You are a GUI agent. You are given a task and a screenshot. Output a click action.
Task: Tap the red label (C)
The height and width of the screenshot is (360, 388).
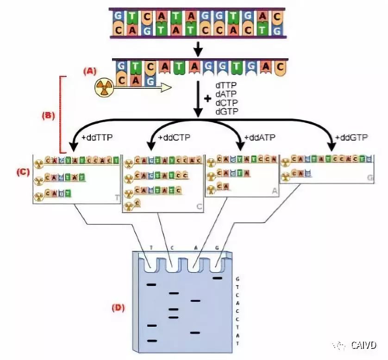[x=23, y=172]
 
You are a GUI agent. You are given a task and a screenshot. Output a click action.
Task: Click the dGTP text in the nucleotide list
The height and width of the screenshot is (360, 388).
[x=225, y=112]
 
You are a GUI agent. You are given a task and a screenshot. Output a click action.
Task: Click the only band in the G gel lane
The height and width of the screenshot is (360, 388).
[x=218, y=278]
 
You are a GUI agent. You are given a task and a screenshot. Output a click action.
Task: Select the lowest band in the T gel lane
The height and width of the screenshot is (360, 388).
[x=152, y=341]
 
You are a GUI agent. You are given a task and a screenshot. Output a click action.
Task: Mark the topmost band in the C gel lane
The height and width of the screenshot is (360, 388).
[x=174, y=293]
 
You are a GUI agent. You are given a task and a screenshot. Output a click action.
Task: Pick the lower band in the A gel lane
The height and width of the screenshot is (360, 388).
[x=195, y=333]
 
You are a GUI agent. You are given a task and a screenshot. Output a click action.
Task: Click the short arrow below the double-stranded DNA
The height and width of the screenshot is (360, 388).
[x=198, y=48]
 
